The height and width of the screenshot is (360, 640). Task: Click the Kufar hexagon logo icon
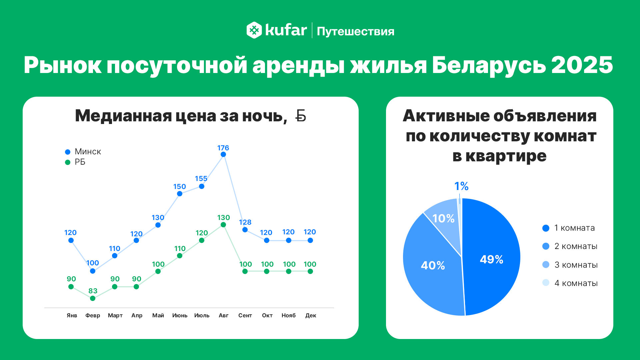click(254, 30)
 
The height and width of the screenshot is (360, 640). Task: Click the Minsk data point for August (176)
click(223, 154)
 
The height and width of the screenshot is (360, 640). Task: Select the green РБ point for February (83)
click(93, 298)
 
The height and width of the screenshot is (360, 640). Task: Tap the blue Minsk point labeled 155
click(202, 186)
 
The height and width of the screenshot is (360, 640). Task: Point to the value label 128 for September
click(245, 222)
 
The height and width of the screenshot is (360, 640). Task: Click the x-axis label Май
click(158, 315)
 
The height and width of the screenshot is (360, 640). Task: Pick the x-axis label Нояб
click(289, 315)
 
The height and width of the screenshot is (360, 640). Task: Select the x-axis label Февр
click(93, 315)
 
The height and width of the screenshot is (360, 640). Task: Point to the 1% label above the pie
click(461, 186)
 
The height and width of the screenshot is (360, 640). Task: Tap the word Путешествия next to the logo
click(355, 31)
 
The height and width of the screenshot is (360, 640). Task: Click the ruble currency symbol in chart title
click(301, 116)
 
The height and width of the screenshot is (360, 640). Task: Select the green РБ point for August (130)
click(223, 225)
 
